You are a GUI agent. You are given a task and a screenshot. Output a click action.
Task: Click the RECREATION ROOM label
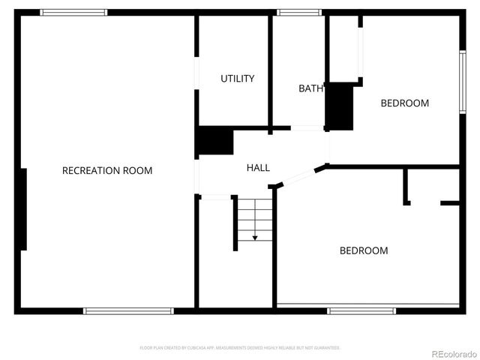106,171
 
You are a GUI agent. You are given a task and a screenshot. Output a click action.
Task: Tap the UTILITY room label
237,79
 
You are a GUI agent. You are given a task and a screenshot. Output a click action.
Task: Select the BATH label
310,88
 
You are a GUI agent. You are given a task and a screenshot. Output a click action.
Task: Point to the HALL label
258,168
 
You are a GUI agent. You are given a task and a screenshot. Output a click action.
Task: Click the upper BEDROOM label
404,103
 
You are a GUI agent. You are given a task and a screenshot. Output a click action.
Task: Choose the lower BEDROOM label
364,250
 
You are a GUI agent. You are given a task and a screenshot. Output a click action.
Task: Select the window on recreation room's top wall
73,12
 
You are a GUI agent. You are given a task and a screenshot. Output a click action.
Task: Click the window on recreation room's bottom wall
128,310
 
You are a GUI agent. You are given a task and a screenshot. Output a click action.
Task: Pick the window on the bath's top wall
299,12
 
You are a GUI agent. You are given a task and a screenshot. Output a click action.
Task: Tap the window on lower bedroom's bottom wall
361,310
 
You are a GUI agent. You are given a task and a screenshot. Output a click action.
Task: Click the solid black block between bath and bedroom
339,105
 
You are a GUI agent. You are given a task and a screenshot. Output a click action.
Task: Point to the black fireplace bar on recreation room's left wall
24,209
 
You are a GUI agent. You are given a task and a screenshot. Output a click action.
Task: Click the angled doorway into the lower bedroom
298,177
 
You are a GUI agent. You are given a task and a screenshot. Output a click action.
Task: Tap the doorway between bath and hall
307,128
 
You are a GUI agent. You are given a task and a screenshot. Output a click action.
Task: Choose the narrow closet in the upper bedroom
346,49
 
